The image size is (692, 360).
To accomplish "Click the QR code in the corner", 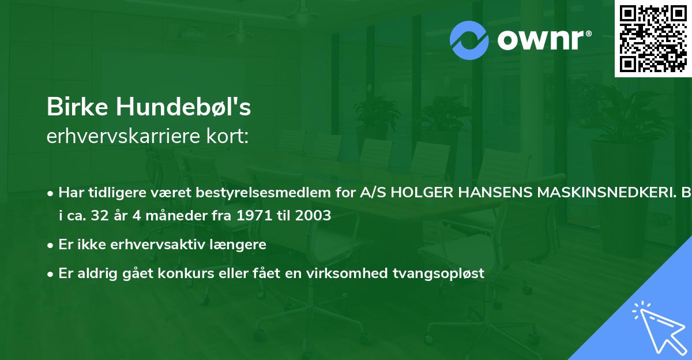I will (x=653, y=39).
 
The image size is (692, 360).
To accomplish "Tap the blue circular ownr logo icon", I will (x=469, y=40).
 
